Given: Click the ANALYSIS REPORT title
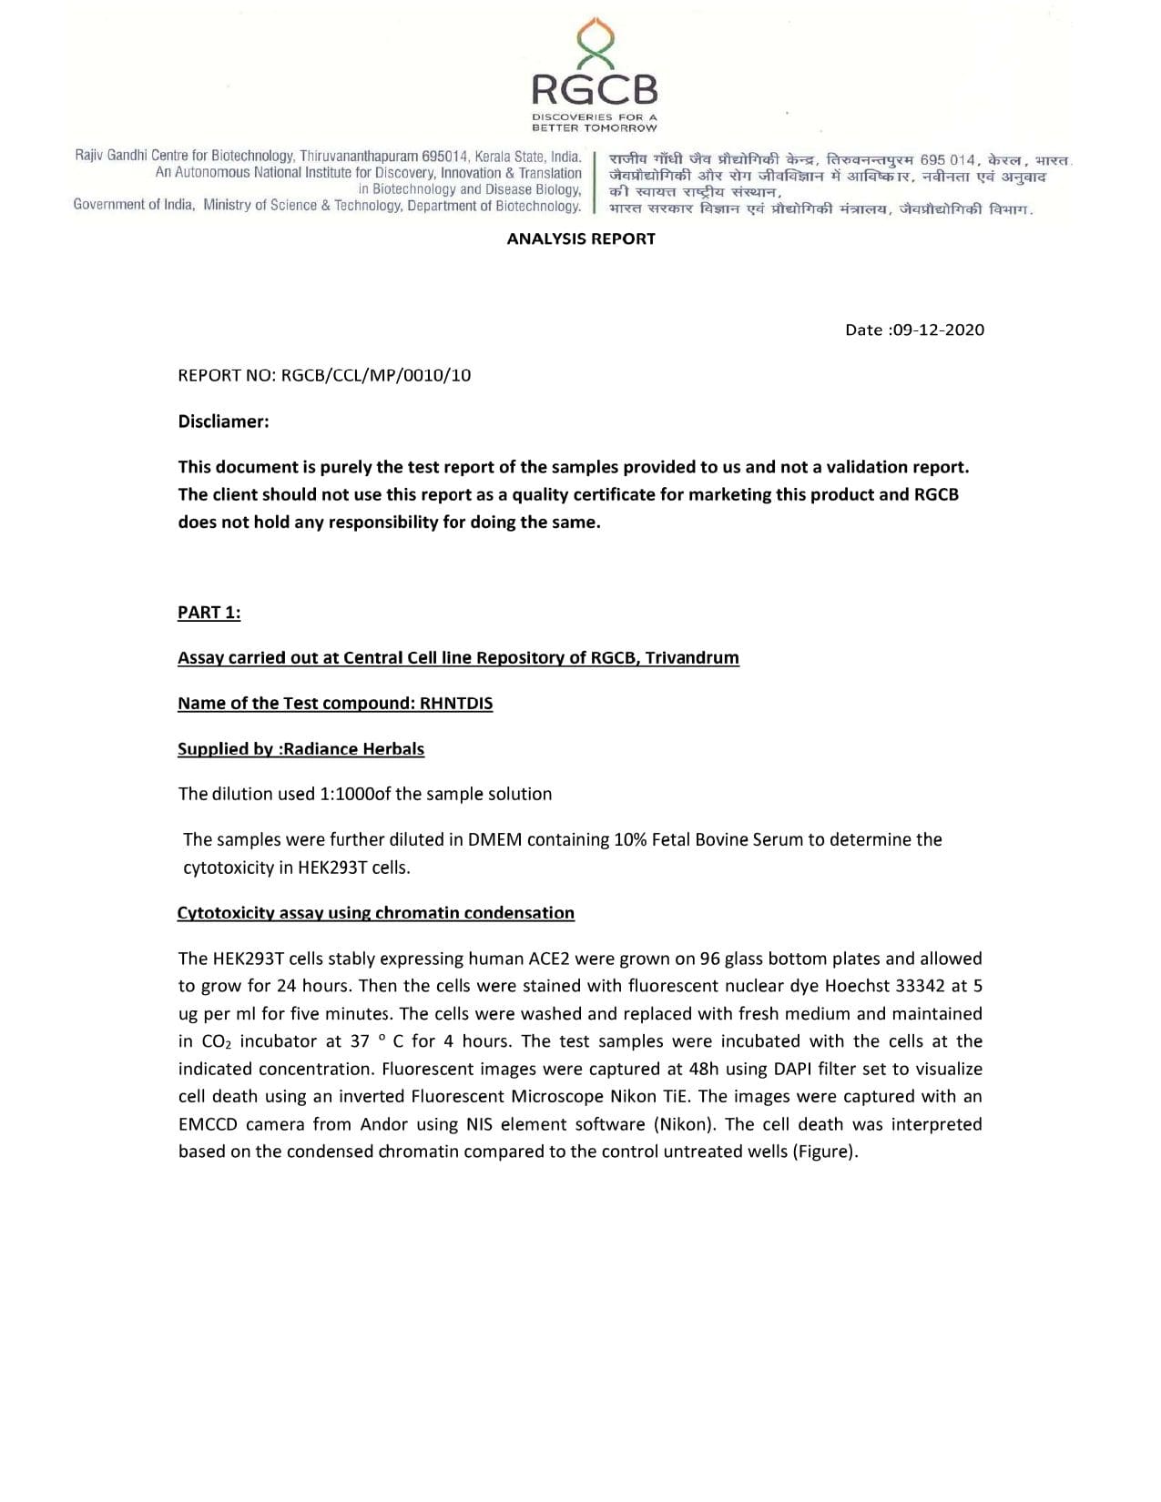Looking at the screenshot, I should pyautogui.click(x=581, y=238).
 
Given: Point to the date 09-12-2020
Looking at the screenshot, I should pyautogui.click(x=938, y=330).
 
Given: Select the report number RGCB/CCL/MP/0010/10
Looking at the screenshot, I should pyautogui.click(x=375, y=375).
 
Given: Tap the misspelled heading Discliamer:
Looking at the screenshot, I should pyautogui.click(x=223, y=421).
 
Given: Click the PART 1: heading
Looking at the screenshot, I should pyautogui.click(x=209, y=613).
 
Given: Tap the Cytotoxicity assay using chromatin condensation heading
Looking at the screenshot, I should pyautogui.click(x=375, y=913).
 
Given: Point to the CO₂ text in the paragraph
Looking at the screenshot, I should pyautogui.click(x=216, y=1041).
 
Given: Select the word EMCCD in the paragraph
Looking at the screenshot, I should pyautogui.click(x=207, y=1124).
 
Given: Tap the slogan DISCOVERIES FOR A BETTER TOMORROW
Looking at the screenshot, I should pyautogui.click(x=594, y=122).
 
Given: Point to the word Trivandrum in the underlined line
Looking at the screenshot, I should pyautogui.click(x=692, y=658).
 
